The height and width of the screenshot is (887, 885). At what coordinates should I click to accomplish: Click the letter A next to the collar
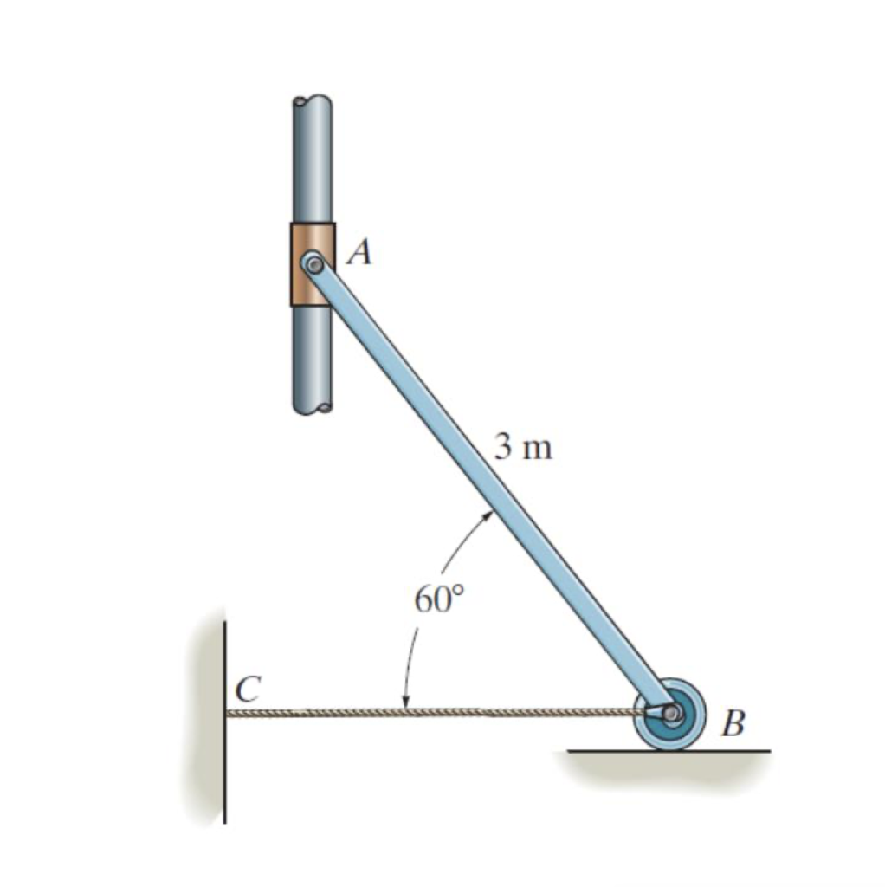tap(359, 252)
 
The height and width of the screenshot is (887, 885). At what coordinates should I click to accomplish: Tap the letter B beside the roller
tap(733, 722)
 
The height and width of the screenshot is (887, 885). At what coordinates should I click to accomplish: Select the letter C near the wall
tap(248, 689)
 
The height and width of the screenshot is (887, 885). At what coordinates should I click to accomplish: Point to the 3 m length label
tap(522, 447)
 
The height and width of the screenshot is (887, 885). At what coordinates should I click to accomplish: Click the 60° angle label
tap(438, 600)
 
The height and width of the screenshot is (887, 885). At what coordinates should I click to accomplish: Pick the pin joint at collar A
tap(313, 262)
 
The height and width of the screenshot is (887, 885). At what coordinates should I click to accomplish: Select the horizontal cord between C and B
tap(433, 713)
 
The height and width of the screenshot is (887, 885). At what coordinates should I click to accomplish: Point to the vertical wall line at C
tap(225, 762)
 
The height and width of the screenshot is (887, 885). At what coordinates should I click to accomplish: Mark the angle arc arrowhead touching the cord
tap(404, 702)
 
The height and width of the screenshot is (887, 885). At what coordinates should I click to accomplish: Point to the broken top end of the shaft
tap(311, 100)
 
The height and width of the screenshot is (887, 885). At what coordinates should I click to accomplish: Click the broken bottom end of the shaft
tap(311, 407)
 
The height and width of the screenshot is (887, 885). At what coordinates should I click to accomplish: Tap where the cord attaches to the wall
tap(229, 713)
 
